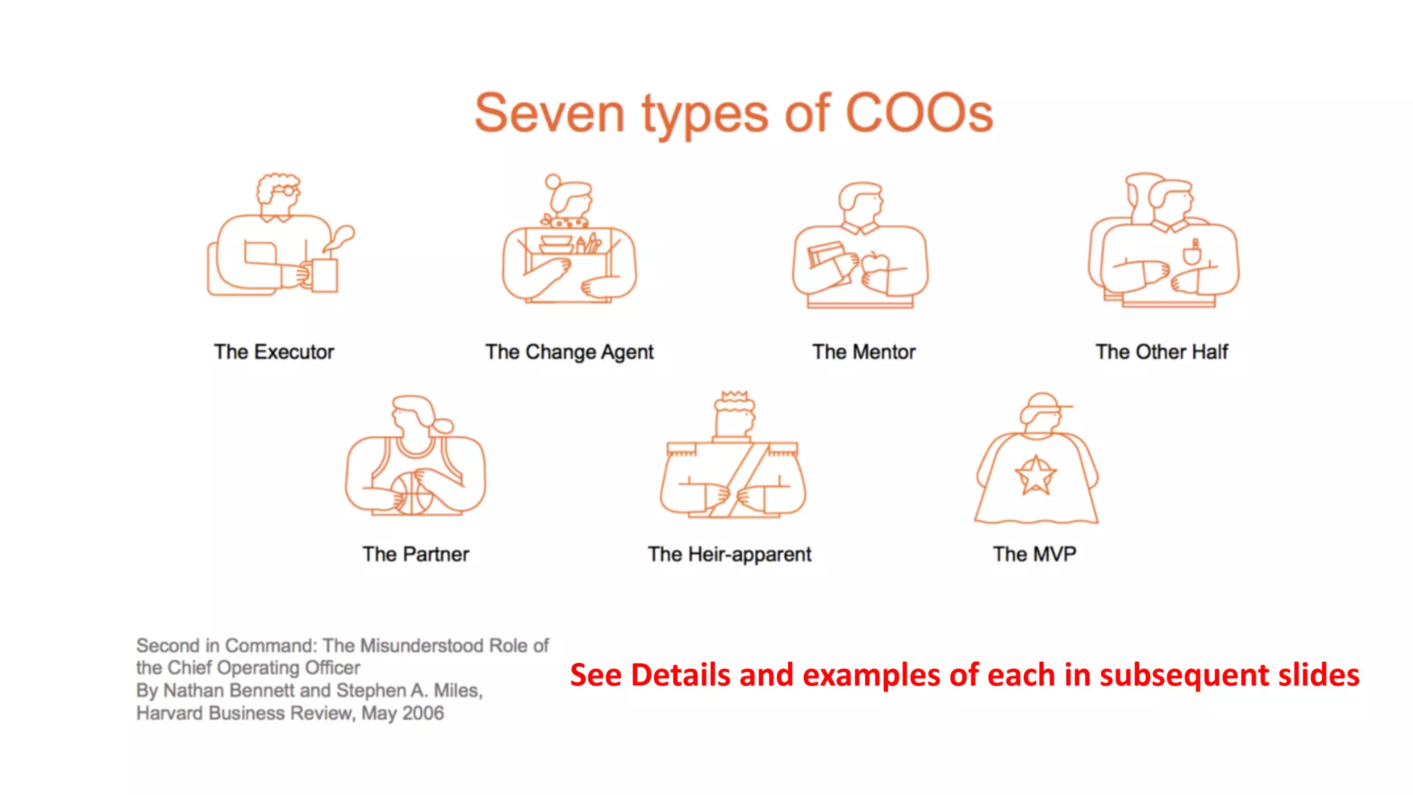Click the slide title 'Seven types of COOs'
[x=733, y=114]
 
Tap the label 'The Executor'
[x=274, y=352]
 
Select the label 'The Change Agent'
[x=569, y=352]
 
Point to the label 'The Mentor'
[x=864, y=352]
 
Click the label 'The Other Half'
[x=1162, y=352]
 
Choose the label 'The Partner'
[x=416, y=554]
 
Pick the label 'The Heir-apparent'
[x=730, y=554]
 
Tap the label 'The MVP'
[x=1034, y=554]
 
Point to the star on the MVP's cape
[x=1035, y=476]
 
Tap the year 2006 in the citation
[x=423, y=713]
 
